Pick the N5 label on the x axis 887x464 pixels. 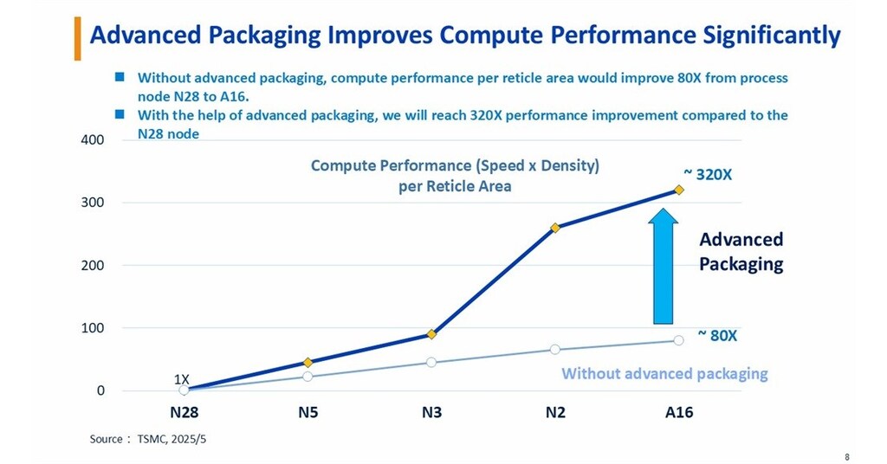coord(308,413)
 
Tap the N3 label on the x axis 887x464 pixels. coord(431,413)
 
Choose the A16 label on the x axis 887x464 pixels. coord(678,413)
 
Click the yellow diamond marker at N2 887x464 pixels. coord(555,228)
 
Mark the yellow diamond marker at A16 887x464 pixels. coord(678,190)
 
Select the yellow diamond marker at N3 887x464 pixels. coord(431,334)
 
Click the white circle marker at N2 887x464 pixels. coord(555,350)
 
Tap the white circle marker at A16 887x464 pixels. coord(678,340)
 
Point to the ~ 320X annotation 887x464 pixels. coord(708,174)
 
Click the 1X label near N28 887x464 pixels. coord(182,379)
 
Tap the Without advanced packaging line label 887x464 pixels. coord(664,374)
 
